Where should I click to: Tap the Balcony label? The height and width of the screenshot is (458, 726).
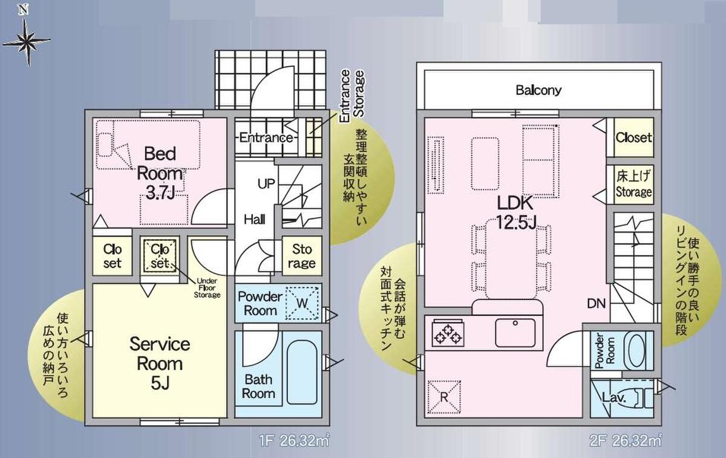point(538,90)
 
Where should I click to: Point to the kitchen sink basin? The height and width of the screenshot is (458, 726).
point(515,333)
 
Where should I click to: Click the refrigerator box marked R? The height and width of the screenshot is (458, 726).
point(444,397)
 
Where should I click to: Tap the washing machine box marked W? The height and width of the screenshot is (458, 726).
point(302,303)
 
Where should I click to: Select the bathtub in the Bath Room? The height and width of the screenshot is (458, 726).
point(302,371)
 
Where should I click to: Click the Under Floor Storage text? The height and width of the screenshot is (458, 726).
point(207,288)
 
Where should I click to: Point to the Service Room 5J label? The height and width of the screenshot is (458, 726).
point(160,364)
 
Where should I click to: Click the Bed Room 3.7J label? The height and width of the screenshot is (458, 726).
point(160,173)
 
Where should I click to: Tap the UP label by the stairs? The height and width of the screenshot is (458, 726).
point(266,184)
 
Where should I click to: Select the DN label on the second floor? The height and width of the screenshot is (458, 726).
point(597,304)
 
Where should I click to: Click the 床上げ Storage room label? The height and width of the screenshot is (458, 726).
point(633,184)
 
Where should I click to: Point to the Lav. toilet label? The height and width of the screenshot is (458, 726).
point(613,397)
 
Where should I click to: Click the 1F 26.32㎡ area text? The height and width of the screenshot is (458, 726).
point(294,441)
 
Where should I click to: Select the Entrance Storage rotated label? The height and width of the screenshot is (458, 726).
point(352,95)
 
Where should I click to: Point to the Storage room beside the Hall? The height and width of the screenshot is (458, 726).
point(302,256)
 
